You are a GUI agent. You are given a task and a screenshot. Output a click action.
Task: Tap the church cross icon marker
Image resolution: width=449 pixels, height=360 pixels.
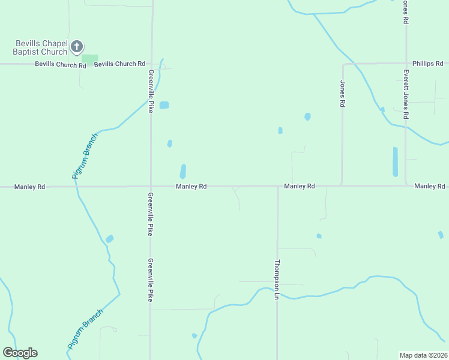coord(77,46)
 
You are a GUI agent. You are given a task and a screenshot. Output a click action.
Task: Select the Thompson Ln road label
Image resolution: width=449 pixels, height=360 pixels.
coord(277,279)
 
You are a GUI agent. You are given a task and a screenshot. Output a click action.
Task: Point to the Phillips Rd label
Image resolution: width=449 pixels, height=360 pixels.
coord(427,63)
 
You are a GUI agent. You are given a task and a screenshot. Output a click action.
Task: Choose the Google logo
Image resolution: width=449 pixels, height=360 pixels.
coord(20,353)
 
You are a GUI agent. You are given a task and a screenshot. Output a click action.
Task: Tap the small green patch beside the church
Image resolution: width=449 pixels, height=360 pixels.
coord(90,58)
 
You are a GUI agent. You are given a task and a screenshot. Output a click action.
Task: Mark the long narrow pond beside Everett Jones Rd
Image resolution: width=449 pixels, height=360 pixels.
coord(395,161)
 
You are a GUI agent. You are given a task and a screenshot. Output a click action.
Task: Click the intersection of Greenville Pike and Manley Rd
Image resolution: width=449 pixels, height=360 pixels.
coord(151,187)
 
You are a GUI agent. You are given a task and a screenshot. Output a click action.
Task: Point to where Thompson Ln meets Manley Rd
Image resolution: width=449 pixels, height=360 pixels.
coord(278,186)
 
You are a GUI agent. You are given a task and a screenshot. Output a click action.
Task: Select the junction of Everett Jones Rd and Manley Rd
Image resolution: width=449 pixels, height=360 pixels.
coord(406,185)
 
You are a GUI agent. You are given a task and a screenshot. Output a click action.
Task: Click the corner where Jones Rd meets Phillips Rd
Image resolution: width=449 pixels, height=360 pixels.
coord(343,64)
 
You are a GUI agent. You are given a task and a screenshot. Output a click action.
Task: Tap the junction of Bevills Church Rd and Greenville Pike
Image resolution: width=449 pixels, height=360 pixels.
coord(151,64)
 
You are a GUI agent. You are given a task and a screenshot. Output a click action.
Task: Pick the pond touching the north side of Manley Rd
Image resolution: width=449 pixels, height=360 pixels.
coord(182,172)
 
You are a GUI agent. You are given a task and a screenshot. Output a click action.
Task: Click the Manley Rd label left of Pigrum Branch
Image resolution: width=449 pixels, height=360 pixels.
coord(33,187)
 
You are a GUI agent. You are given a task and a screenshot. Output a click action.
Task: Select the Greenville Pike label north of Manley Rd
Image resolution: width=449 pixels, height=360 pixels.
coord(151,90)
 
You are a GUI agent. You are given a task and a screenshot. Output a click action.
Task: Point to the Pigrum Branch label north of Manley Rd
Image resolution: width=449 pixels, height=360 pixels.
coord(84,156)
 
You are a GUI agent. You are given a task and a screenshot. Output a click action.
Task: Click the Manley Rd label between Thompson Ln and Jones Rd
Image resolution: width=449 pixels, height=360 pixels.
coord(300,186)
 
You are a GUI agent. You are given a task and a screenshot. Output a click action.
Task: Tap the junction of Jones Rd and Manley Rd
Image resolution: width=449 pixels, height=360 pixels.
coord(342,185)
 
